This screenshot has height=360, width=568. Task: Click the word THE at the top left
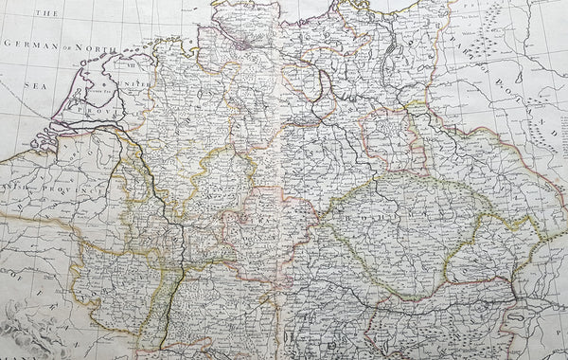pyautogui.click(x=47, y=13)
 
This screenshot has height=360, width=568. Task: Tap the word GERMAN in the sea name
pyautogui.click(x=32, y=45)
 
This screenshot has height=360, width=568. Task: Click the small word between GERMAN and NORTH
pyautogui.click(x=69, y=45)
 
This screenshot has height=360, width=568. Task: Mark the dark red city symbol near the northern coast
pyautogui.click(x=242, y=43)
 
